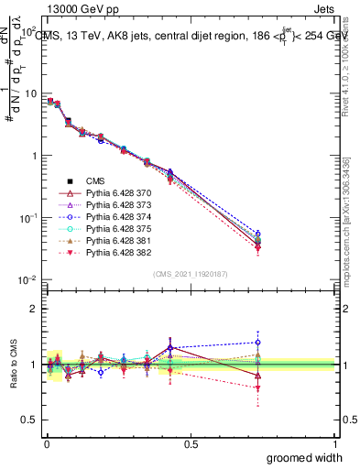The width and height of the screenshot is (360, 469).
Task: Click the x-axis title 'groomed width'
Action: pos(305,457)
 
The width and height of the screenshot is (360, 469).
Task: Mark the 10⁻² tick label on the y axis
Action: pos(28,279)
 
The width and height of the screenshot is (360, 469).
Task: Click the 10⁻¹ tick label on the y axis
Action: pos(28,218)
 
